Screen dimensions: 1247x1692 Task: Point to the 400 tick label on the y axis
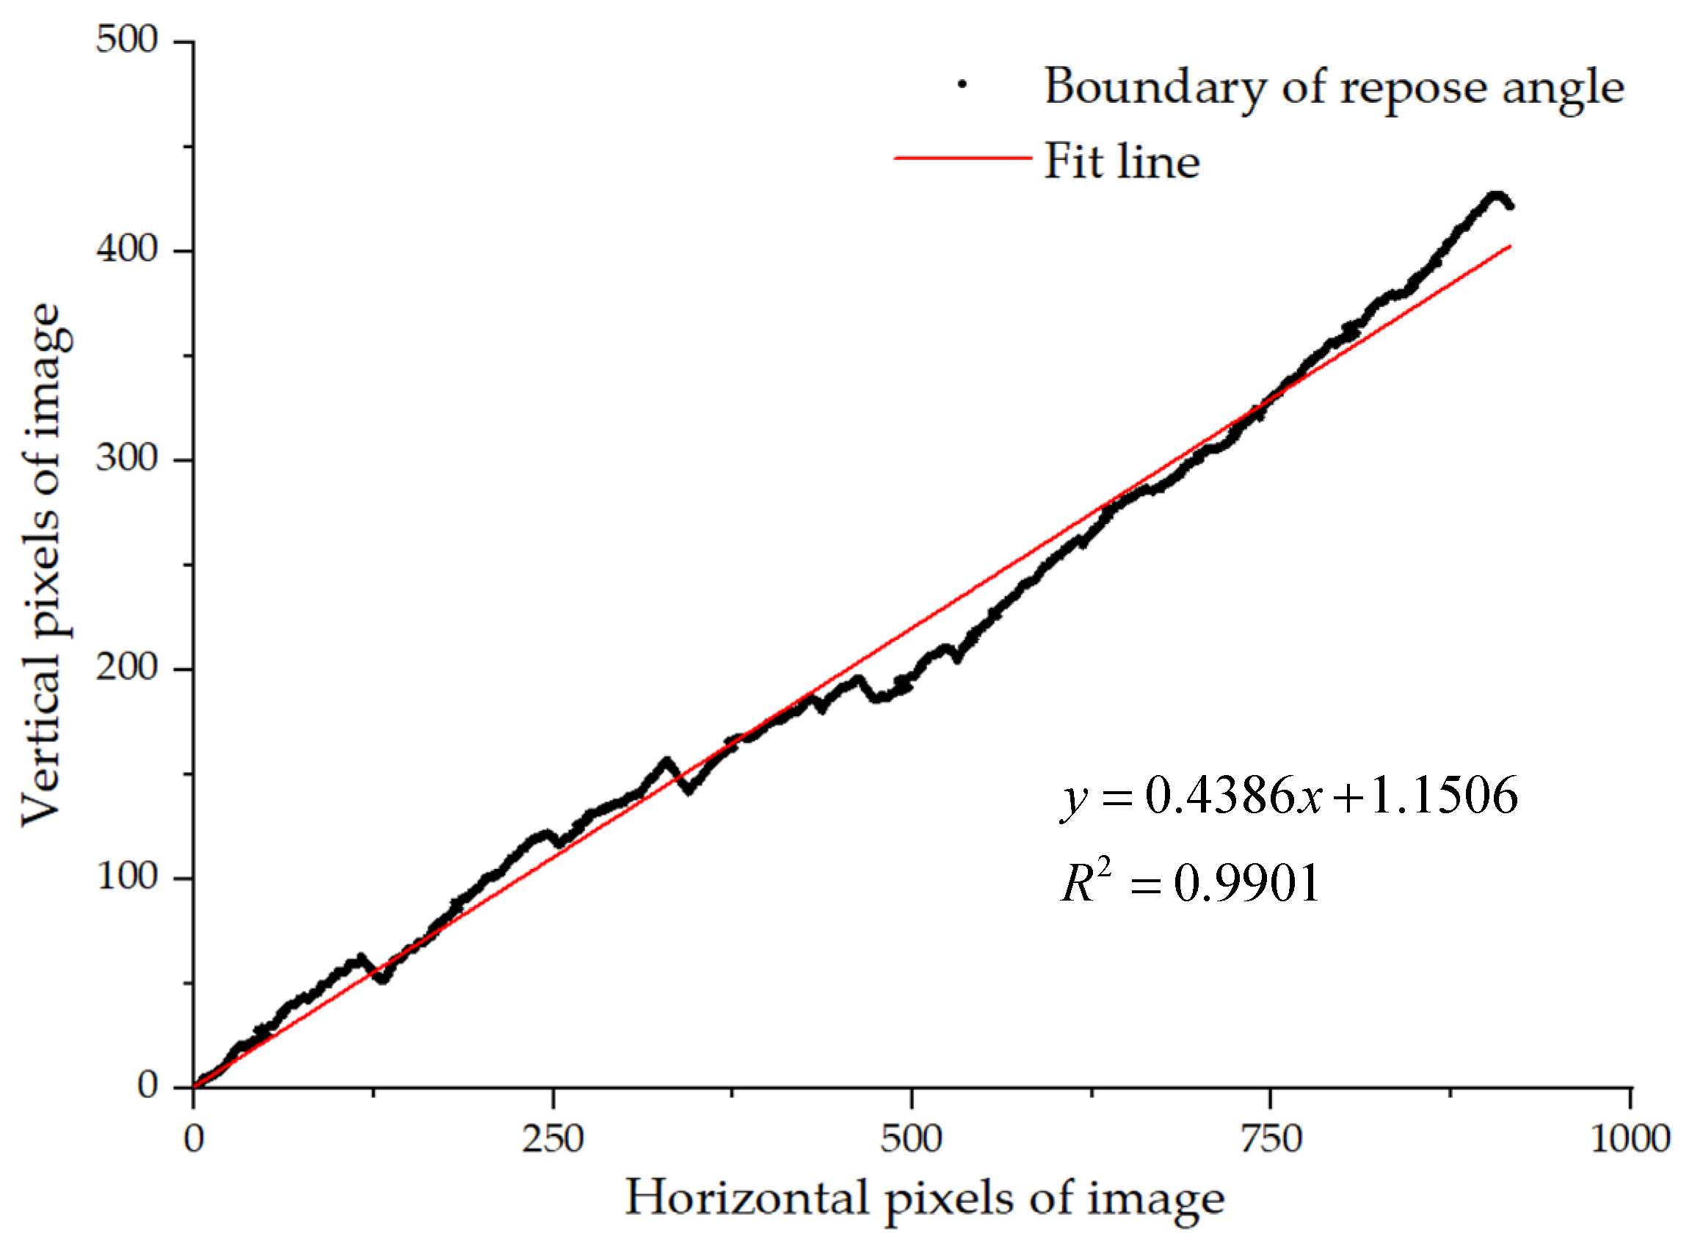[x=127, y=249]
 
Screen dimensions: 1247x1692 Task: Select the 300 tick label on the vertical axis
[x=127, y=458]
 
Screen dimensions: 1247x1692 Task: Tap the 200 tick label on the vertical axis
[x=127, y=668]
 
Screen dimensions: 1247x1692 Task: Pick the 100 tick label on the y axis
[x=127, y=877]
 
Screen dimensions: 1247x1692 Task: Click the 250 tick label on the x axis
[x=553, y=1138]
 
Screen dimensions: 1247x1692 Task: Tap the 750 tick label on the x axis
[x=1271, y=1138]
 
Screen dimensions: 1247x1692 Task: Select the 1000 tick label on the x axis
[x=1630, y=1138]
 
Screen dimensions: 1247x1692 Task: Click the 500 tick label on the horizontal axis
[x=911, y=1138]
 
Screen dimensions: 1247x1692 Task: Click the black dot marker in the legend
[x=962, y=84]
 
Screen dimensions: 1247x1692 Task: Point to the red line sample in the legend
[x=962, y=158]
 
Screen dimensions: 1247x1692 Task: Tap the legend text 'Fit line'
[x=1121, y=161]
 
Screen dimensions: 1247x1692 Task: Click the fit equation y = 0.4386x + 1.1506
[x=1290, y=796]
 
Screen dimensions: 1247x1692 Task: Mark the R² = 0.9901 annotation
[x=1191, y=882]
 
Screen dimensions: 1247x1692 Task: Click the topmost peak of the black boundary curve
[x=1495, y=195]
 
